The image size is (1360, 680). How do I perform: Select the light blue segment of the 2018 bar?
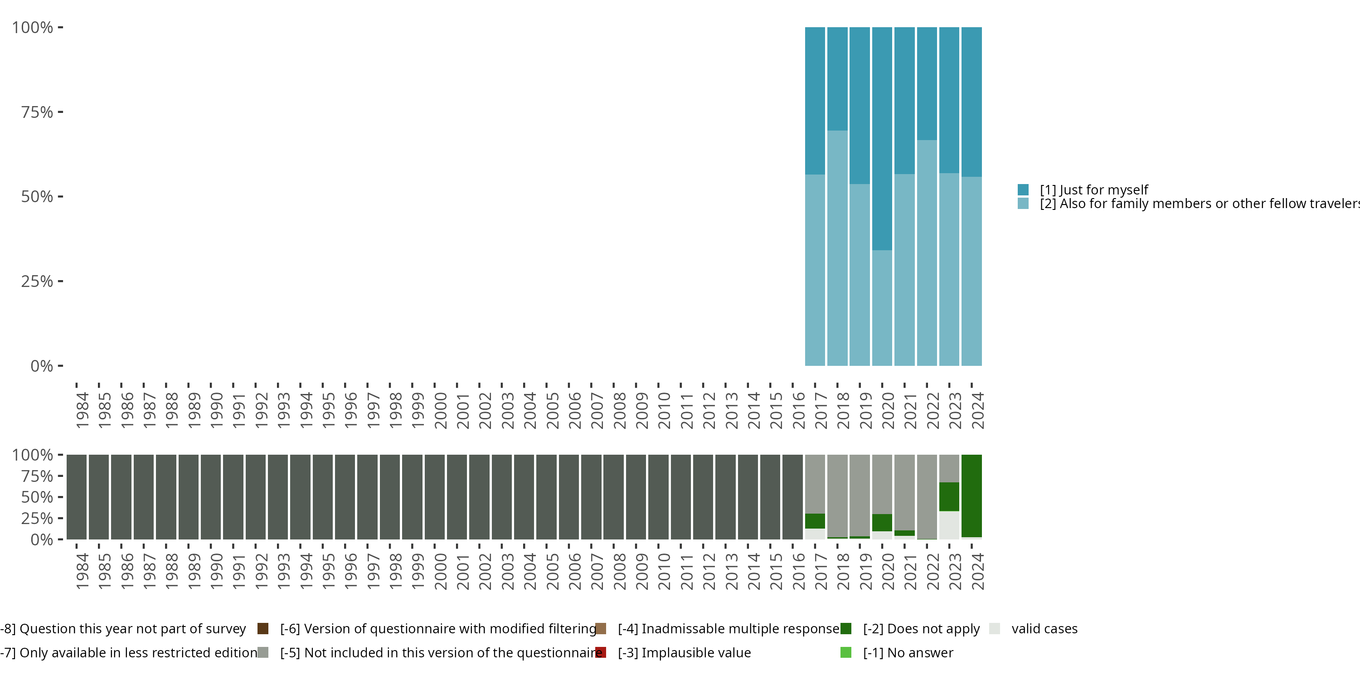point(837,248)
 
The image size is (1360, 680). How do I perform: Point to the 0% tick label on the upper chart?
point(42,366)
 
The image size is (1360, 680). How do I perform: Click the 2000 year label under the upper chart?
point(440,411)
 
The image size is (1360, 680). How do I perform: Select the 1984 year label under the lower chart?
point(82,572)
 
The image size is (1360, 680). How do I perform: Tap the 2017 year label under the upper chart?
point(821,411)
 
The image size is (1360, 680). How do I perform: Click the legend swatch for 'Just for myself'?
point(1023,189)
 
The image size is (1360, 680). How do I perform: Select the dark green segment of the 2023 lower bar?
point(949,496)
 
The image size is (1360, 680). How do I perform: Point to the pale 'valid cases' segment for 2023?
point(949,525)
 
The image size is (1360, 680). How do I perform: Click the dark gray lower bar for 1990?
point(211,497)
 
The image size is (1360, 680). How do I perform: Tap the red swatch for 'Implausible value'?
point(601,652)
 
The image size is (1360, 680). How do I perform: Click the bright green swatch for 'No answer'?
point(846,652)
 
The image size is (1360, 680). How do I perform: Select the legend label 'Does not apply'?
point(921,629)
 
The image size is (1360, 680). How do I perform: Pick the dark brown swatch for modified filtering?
point(263,629)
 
